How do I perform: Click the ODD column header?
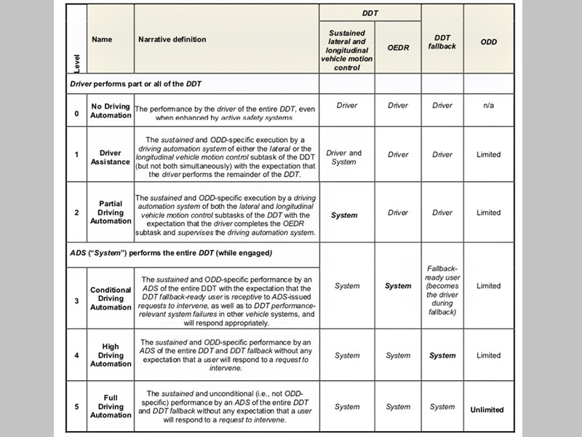(x=489, y=42)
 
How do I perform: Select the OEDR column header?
(x=398, y=48)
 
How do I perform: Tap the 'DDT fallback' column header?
(x=442, y=42)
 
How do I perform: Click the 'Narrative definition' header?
(x=172, y=39)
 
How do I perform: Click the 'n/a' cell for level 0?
(x=489, y=106)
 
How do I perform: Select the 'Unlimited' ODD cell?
(x=487, y=409)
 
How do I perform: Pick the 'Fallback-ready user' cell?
(x=442, y=290)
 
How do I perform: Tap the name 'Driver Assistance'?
(x=111, y=158)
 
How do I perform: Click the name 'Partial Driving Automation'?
(x=111, y=212)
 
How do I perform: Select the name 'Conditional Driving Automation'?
(x=111, y=299)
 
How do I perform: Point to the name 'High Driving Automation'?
(x=111, y=355)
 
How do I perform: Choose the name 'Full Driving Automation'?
(x=111, y=406)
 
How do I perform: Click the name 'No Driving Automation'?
(x=111, y=110)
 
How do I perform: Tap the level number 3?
(x=77, y=299)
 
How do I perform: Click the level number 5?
(x=77, y=406)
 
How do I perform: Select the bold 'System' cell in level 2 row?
(x=344, y=215)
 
